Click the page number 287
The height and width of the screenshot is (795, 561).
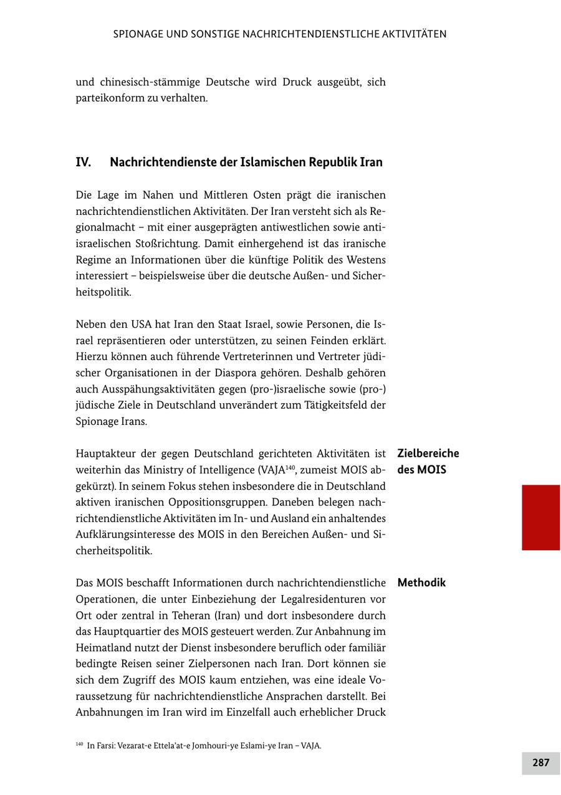[x=540, y=763]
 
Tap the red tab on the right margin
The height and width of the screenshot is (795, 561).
[x=540, y=517]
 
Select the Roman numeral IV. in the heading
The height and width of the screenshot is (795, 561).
[x=84, y=163]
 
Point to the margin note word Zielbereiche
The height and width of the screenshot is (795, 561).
[x=428, y=454]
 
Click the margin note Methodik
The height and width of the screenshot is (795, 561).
[x=421, y=583]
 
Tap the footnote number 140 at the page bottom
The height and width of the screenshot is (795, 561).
[x=79, y=744]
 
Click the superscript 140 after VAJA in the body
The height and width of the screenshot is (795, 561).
[x=290, y=467]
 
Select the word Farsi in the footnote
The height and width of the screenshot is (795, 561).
[x=103, y=746]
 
